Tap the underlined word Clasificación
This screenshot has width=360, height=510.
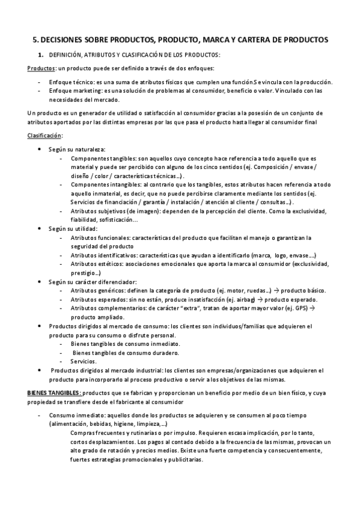(28, 135)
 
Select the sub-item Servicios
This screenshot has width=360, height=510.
(82, 361)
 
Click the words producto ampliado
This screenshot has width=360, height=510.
(97, 317)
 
